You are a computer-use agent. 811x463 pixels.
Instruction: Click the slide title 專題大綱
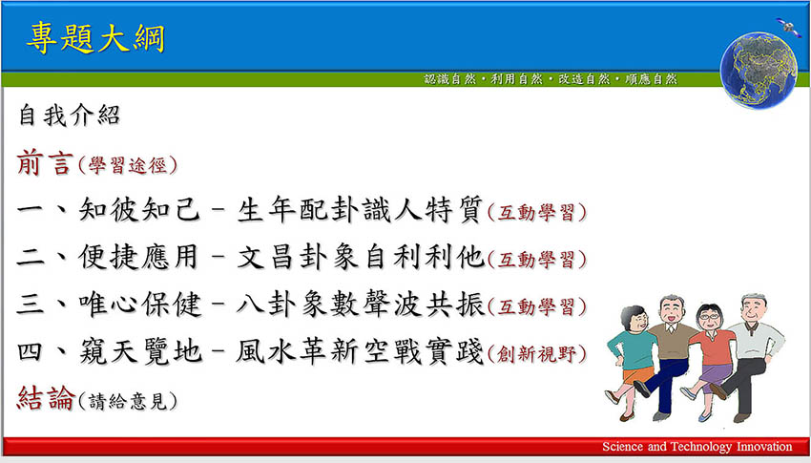[x=95, y=38]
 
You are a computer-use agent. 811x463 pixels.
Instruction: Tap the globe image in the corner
[x=759, y=71]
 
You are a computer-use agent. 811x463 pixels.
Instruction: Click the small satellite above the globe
[x=788, y=26]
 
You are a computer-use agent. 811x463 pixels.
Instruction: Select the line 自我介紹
[x=70, y=115]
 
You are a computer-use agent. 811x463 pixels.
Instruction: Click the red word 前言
[x=44, y=162]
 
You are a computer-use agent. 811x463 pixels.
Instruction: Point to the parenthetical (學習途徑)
[x=127, y=165]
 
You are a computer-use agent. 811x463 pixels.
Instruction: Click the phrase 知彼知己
[x=138, y=209]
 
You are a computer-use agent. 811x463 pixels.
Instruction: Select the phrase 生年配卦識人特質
[x=360, y=209]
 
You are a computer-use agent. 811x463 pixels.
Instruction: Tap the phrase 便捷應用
[x=138, y=256]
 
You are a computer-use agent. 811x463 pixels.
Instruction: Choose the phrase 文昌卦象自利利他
[x=361, y=257]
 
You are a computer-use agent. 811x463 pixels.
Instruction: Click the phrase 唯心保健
[x=138, y=304]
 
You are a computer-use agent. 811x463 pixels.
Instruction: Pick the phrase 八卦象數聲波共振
[x=361, y=305]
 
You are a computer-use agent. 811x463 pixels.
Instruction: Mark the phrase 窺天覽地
[x=139, y=350]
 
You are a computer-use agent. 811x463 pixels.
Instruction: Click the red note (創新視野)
[x=537, y=354]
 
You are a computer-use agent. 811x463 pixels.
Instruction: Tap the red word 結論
[x=46, y=398]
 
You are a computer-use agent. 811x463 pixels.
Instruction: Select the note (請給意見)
[x=127, y=401]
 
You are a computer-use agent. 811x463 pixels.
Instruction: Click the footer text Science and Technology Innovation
[x=697, y=447]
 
